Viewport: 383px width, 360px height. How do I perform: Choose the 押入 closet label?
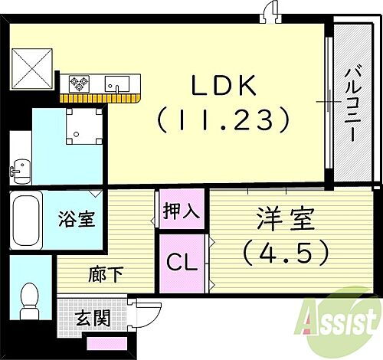coord(182,210)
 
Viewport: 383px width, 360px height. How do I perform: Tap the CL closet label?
coord(182,262)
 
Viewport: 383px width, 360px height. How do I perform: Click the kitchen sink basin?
coord(118,81)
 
